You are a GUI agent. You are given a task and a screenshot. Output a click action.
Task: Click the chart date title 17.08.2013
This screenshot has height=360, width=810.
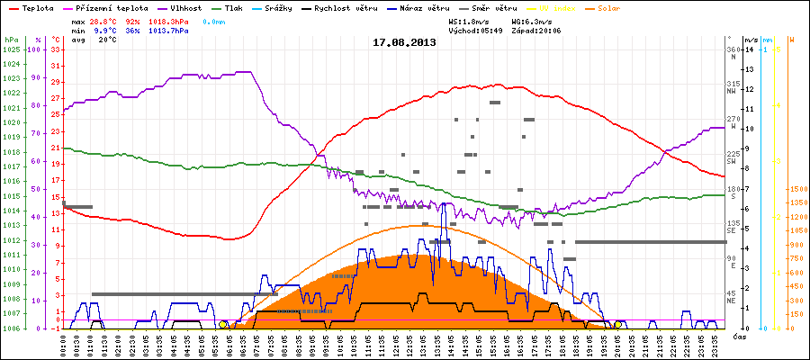click(x=404, y=42)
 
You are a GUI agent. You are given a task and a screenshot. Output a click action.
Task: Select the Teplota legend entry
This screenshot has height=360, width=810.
click(x=37, y=7)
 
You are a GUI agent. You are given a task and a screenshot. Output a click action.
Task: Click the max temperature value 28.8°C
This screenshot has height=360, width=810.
click(x=106, y=19)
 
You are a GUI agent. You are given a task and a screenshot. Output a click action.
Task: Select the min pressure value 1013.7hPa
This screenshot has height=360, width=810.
click(x=169, y=30)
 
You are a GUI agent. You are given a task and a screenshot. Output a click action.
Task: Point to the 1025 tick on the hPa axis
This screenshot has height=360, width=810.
click(x=11, y=49)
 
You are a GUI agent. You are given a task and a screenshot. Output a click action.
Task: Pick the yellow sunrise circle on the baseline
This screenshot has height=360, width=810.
click(x=223, y=324)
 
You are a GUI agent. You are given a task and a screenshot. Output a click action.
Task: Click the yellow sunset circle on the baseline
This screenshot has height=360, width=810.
click(x=617, y=324)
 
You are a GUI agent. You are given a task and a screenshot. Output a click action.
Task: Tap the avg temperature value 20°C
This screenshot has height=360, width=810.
click(x=108, y=40)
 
